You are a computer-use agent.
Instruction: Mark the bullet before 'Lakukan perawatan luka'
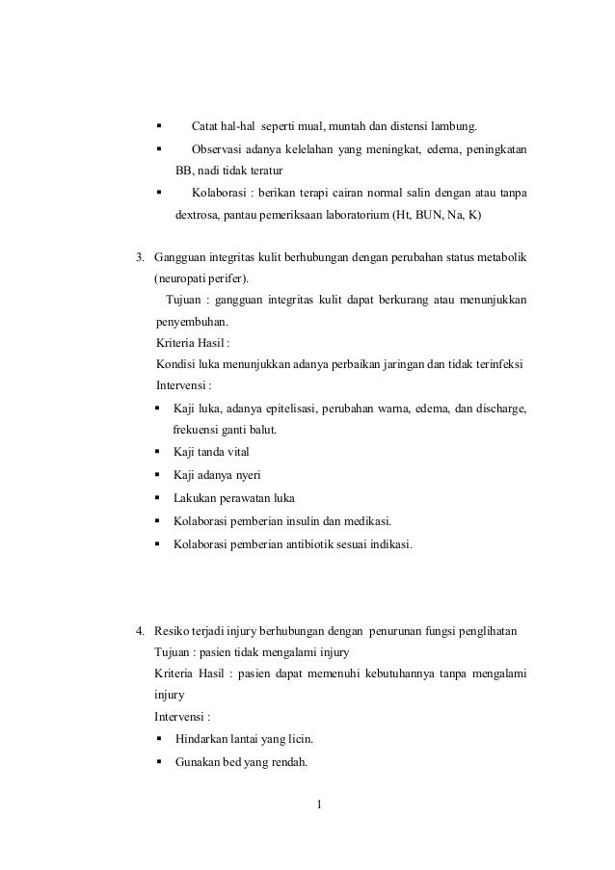158,499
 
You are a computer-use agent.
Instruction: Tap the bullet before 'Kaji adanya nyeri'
158,477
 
